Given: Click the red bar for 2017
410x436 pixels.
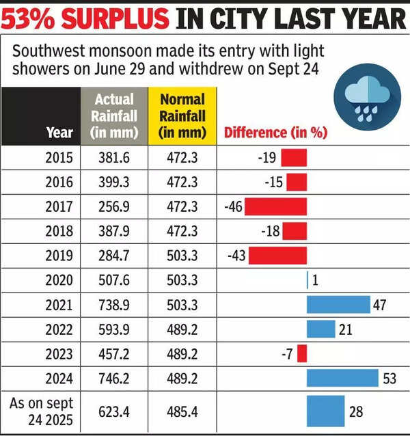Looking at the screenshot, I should [x=276, y=206].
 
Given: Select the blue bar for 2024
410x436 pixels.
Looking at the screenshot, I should [x=342, y=378].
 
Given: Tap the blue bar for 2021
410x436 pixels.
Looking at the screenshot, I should [x=338, y=304].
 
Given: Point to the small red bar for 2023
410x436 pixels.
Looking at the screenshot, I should [x=302, y=353].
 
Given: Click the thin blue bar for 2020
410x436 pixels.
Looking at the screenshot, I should [x=307, y=280].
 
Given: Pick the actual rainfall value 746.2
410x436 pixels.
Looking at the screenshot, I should [x=113, y=378].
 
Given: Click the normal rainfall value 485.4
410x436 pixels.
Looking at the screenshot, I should [x=182, y=412].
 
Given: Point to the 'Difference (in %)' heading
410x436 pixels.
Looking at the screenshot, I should [x=275, y=133].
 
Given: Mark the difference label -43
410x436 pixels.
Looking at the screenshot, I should [x=236, y=256].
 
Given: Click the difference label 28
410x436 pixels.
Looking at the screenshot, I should [x=357, y=412].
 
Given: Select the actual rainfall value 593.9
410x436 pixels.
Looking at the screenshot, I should [x=113, y=329].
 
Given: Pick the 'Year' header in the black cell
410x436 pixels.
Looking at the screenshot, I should [x=59, y=133].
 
